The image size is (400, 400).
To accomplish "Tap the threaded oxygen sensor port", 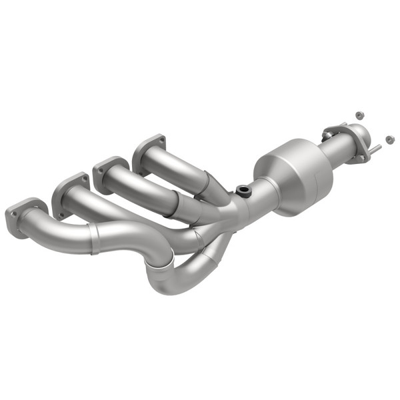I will click(244, 191).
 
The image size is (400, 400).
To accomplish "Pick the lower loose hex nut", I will click(389, 139).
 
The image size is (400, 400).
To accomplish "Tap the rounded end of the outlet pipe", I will click(356, 132).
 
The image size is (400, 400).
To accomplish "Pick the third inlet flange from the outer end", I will click(110, 173).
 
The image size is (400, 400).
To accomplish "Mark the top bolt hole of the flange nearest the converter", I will click(159, 139).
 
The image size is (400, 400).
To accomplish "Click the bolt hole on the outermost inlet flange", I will click(15, 214).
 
